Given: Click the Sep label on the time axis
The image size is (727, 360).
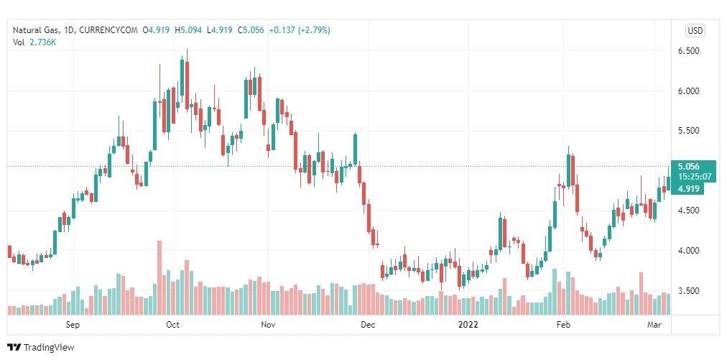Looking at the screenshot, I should click(x=73, y=325).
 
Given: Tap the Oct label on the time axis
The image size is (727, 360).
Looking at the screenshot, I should click(x=172, y=325).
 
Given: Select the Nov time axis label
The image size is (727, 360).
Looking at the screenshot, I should click(x=268, y=325).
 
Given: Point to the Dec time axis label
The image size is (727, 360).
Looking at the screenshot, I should click(x=368, y=325).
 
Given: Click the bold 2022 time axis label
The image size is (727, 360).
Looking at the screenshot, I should click(x=468, y=325).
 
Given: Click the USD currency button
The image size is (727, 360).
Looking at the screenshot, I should click(x=695, y=30).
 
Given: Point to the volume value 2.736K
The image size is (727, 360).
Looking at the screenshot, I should click(x=44, y=42).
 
